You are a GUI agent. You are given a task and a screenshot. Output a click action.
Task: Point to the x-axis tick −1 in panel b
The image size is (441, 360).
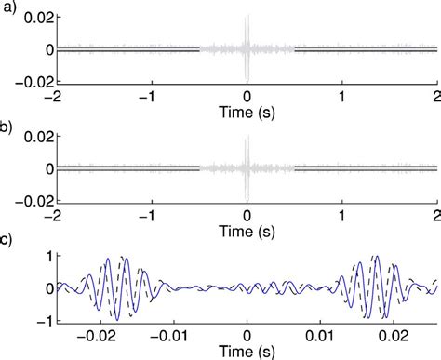pos(149,214)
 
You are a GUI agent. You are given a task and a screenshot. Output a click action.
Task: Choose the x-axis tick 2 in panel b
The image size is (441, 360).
pos(436,214)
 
